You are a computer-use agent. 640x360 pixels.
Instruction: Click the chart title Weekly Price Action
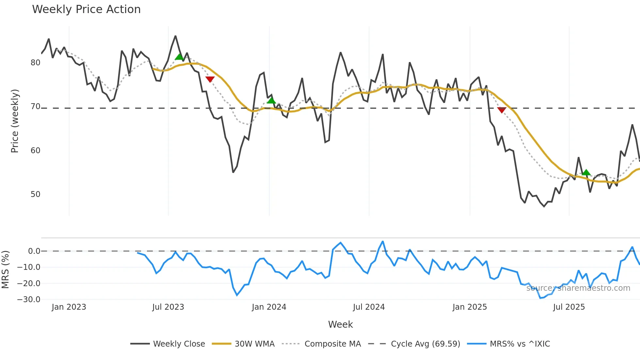pos(86,9)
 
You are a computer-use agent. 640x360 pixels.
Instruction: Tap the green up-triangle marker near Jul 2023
pos(179,57)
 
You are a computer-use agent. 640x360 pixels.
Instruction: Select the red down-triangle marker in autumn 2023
pos(210,79)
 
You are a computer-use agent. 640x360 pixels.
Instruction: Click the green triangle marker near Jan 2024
pos(271,100)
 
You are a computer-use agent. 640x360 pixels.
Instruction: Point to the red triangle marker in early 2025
pos(502,110)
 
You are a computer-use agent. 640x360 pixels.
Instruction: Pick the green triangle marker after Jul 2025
pos(586,172)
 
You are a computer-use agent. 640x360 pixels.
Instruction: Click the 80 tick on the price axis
pos(35,63)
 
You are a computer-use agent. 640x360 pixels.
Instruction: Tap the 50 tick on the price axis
pos(35,194)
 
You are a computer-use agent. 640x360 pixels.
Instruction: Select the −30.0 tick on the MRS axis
pos(29,300)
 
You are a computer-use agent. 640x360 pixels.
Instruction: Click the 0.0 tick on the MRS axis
pos(34,251)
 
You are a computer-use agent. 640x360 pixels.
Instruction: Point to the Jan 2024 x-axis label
pos(269,307)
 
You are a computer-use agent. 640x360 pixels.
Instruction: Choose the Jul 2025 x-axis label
pos(569,307)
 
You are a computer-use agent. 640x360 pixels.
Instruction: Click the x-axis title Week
pos(340,324)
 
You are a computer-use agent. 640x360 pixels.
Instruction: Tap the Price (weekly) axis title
pos(15,121)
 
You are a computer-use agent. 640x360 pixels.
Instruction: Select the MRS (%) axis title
pos(5,270)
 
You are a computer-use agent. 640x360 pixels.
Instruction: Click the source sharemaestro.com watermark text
pos(578,288)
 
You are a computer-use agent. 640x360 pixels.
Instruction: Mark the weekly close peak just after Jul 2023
pos(175,36)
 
